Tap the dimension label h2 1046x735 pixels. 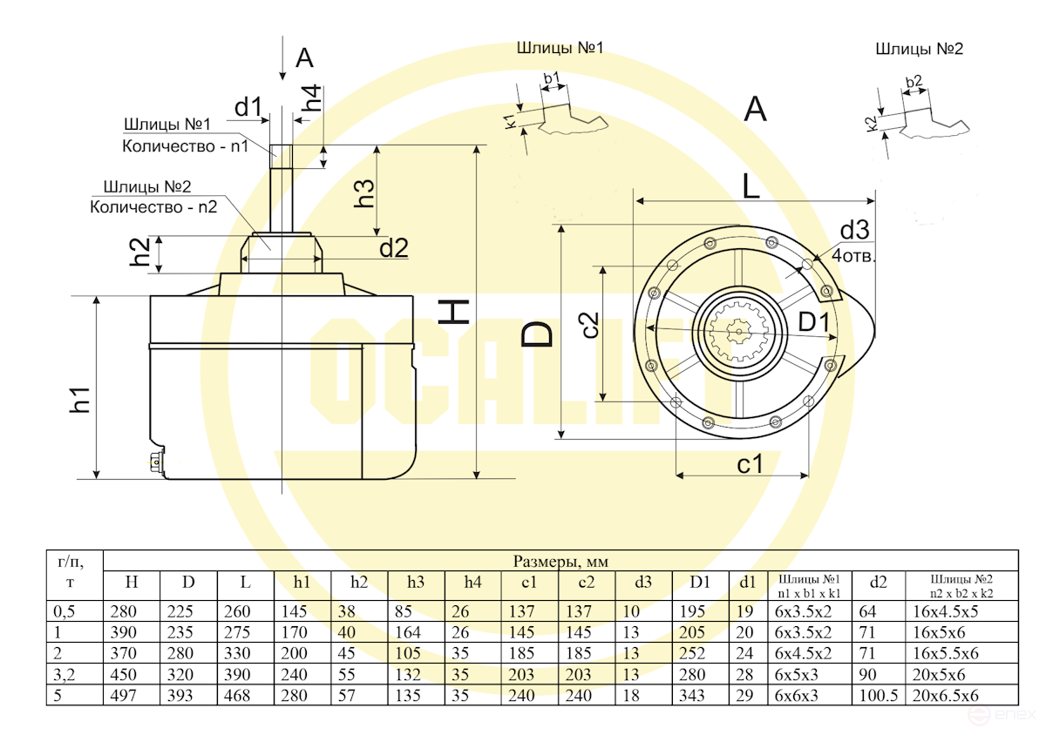(140, 253)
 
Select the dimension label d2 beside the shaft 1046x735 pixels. (393, 248)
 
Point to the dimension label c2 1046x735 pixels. (590, 324)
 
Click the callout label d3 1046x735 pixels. (854, 231)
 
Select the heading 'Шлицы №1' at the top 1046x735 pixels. (560, 48)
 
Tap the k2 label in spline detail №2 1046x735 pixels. (871, 122)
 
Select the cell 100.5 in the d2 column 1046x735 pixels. (877, 695)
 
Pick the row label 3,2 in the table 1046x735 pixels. (64, 675)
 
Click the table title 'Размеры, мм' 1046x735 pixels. (560, 561)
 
